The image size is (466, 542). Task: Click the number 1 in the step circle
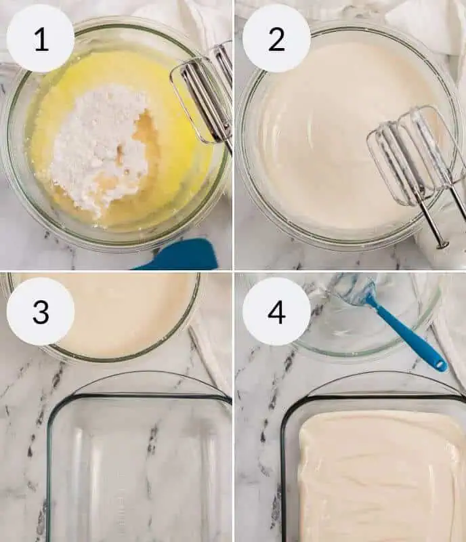pos(41,39)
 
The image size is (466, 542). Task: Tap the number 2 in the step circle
pos(276,39)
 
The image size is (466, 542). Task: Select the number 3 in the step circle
pos(41,312)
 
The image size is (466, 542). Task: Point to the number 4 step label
pos(276,312)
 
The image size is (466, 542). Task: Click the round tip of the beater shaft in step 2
pos(442,245)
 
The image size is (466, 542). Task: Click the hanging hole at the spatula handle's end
pos(440,364)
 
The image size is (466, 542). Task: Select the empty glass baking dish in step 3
pos(138,467)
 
